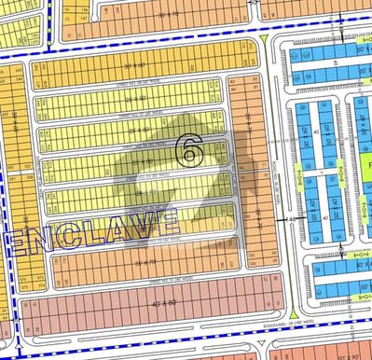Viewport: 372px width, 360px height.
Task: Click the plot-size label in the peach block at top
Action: [x=168, y=16]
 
